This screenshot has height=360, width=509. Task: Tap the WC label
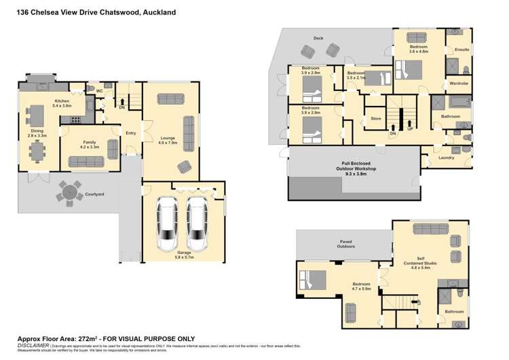(x=99, y=90)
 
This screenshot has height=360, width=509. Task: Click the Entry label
(x=130, y=132)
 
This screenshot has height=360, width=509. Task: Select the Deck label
(x=318, y=38)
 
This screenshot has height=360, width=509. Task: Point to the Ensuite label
(x=461, y=50)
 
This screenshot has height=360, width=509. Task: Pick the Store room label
(x=375, y=119)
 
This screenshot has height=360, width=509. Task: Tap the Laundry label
(x=446, y=158)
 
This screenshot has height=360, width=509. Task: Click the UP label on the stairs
(x=410, y=128)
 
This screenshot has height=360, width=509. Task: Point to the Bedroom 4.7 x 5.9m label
(x=361, y=286)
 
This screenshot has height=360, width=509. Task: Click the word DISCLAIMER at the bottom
(x=33, y=345)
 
